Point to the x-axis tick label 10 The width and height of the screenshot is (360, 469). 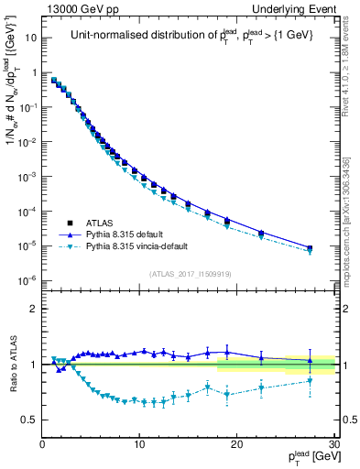(139, 444)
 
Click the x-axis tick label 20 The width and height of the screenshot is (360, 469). (236, 444)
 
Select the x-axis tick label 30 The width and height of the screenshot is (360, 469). (333, 444)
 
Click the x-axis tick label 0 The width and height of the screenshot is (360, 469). (42, 444)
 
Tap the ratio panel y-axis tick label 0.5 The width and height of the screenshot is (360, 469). (31, 420)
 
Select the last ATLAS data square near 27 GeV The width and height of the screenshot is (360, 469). (310, 248)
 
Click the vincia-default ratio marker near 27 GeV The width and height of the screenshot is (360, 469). (310, 380)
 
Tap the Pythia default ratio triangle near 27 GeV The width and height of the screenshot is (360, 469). (310, 360)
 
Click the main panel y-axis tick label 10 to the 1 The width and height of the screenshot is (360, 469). (31, 38)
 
